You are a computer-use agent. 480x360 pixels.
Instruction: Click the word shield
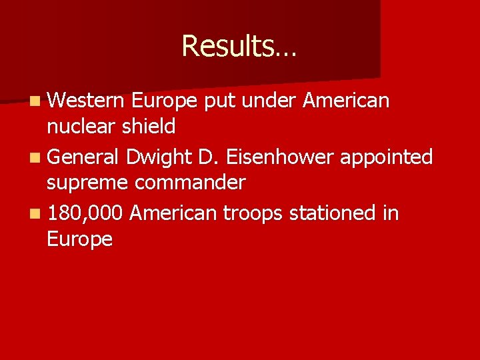tap(151, 126)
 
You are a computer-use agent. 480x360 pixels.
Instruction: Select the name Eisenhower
tap(281, 157)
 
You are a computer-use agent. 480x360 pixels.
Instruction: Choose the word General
tap(83, 157)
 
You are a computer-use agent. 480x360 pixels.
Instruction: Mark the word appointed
tap(387, 157)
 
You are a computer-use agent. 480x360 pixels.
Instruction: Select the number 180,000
tap(85, 214)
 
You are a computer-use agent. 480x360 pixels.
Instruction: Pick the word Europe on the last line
tap(80, 239)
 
